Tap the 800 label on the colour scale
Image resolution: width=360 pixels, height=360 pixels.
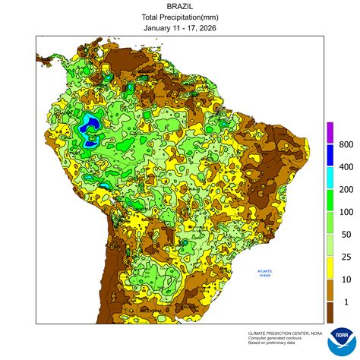346,144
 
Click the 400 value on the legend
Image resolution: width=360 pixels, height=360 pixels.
346,166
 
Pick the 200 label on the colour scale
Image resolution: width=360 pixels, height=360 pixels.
346,189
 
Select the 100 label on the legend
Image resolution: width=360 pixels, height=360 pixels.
346,212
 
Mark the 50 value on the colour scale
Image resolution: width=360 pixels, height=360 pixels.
346,235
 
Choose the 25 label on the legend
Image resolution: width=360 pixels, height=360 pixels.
346,257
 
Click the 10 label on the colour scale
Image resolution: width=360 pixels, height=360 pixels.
346,280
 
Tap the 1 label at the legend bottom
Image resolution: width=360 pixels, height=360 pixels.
346,302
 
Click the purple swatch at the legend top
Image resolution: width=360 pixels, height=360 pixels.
330,132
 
